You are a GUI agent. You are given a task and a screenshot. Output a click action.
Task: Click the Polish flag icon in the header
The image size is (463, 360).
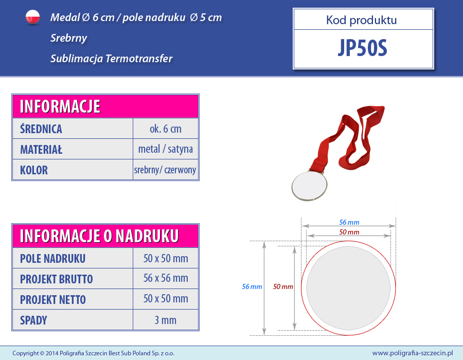pyautogui.click(x=32, y=17)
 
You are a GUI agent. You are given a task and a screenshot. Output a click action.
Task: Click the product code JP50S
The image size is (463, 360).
pyautogui.click(x=362, y=48)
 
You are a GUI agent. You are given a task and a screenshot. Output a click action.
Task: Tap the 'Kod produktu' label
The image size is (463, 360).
pyautogui.click(x=362, y=20)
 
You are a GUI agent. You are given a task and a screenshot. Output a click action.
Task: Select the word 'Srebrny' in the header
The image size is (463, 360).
pyautogui.click(x=68, y=39)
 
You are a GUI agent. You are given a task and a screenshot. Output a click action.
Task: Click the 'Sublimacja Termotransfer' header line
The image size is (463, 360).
pyautogui.click(x=111, y=59)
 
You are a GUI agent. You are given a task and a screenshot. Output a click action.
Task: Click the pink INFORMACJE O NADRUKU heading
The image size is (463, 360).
pyautogui.click(x=99, y=236)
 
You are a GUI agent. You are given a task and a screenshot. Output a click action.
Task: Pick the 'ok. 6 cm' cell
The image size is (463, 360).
pyautogui.click(x=165, y=129)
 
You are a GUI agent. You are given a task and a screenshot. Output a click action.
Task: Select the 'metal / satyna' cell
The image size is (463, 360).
pyautogui.click(x=165, y=149)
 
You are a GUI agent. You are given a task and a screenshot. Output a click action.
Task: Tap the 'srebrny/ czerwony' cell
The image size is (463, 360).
pyautogui.click(x=165, y=170)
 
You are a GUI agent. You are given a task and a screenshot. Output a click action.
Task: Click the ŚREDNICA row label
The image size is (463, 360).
pyautogui.click(x=41, y=129)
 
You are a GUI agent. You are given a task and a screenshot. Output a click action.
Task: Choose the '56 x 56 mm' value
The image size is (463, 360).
pyautogui.click(x=166, y=278)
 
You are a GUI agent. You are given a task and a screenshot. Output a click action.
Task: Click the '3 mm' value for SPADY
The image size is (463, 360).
pyautogui.click(x=165, y=320)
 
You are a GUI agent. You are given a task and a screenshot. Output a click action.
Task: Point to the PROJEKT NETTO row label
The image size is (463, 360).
pyautogui.click(x=53, y=300)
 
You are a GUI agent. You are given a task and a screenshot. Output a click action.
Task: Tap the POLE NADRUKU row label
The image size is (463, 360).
pyautogui.click(x=52, y=259)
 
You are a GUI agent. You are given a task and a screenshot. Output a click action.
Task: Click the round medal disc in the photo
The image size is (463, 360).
pyautogui.click(x=309, y=186)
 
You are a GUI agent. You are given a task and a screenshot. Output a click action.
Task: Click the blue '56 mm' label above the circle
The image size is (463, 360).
pyautogui.click(x=349, y=222)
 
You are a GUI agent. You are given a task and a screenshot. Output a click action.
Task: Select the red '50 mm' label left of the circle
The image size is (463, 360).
pyautogui.click(x=283, y=286)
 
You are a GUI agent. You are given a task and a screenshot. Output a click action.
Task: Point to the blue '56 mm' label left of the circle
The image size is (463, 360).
pyautogui.click(x=252, y=286)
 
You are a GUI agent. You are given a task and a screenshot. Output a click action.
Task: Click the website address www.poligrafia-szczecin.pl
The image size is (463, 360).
pyautogui.click(x=413, y=353)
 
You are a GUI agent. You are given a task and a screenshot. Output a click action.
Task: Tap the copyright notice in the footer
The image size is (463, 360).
pyautogui.click(x=93, y=353)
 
